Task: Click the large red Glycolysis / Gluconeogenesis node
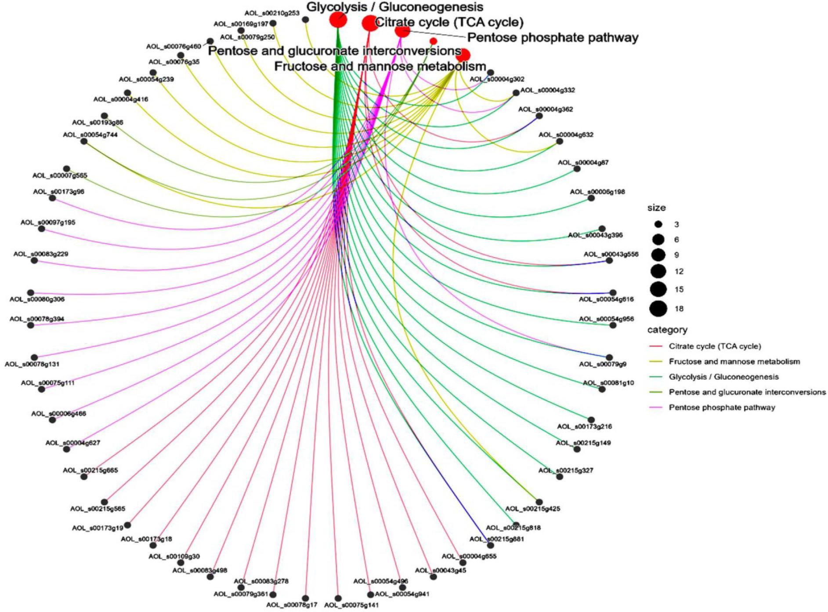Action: [338, 20]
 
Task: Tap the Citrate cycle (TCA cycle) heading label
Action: [449, 22]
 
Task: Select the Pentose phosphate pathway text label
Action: [553, 38]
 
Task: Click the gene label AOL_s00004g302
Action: [497, 80]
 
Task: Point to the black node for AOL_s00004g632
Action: [559, 142]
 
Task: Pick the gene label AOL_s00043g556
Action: [611, 254]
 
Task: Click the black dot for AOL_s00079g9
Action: [609, 357]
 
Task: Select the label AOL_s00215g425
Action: [532, 509]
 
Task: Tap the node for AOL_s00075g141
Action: [338, 598]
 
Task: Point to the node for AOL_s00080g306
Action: [31, 292]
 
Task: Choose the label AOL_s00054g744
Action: [90, 135]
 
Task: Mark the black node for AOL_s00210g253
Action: [306, 20]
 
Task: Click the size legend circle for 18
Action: [658, 309]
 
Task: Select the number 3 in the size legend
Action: [676, 224]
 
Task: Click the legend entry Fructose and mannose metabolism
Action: [734, 361]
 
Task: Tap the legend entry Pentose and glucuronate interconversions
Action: [747, 392]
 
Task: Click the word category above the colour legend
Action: [667, 330]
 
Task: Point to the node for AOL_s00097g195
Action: [42, 229]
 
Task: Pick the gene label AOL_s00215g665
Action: [90, 470]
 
